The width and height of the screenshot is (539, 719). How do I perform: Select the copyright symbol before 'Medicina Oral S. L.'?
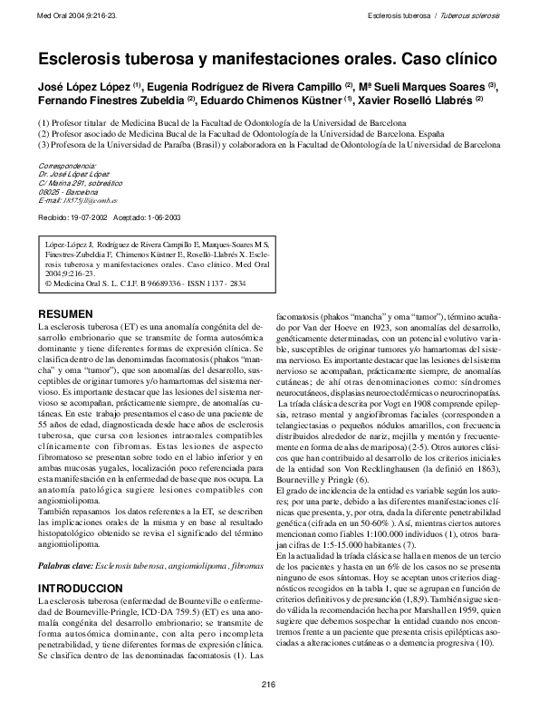click(48, 282)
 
